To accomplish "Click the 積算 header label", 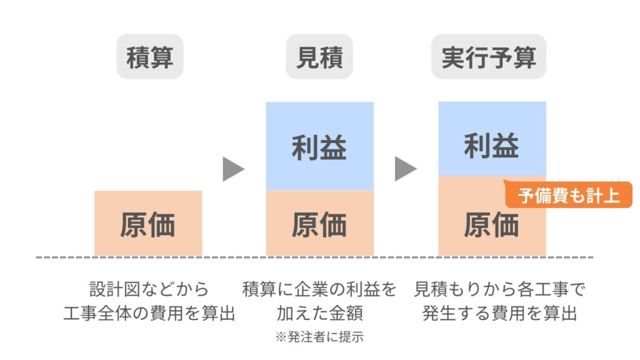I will click(149, 57).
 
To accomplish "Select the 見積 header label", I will click(319, 57).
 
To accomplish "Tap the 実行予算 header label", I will click(489, 57).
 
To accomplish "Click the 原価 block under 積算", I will click(148, 223).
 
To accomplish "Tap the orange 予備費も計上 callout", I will click(568, 196).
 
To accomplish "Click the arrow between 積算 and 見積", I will click(233, 169).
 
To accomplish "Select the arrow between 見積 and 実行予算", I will click(405, 169).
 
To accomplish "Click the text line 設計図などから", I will click(149, 289).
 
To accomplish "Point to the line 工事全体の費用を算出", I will click(149, 312).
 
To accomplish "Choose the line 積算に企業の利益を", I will click(319, 289).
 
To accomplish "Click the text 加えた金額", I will click(319, 312).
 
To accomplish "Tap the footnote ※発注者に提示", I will click(319, 337).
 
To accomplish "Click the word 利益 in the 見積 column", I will click(319, 148).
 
